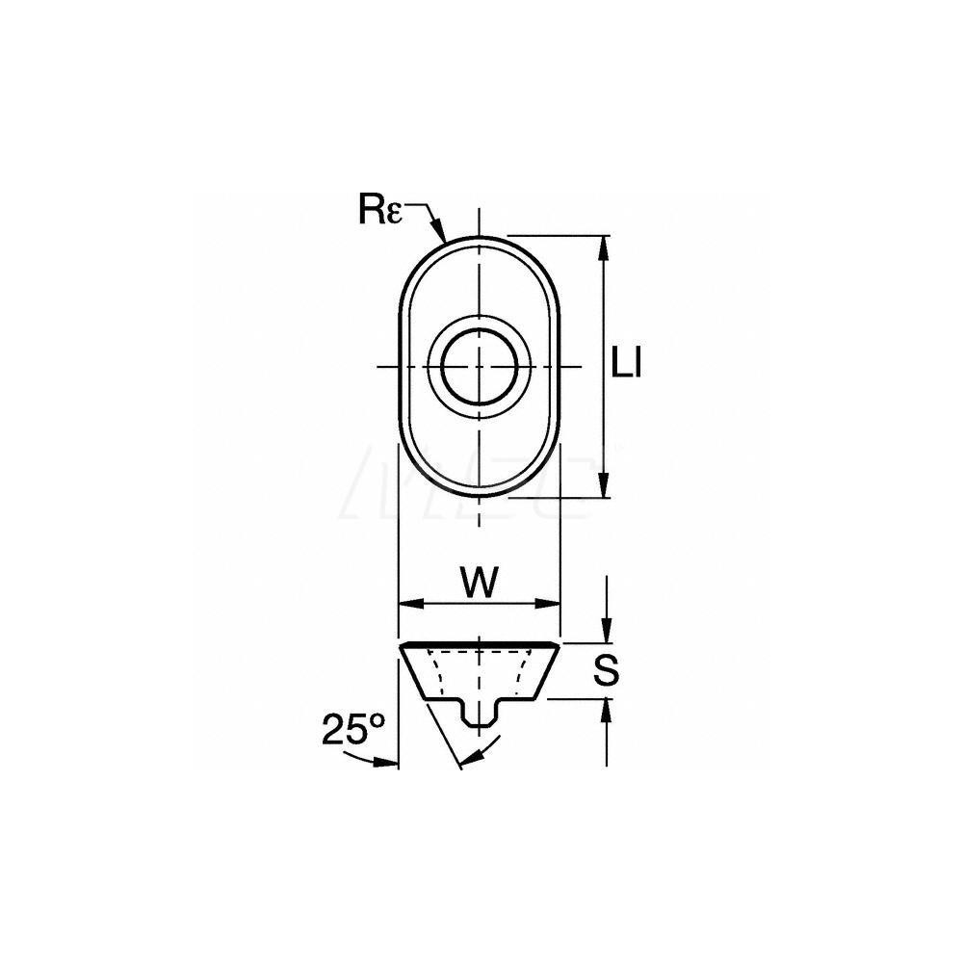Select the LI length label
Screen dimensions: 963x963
pos(627,365)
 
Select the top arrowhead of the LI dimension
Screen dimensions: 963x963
pos(604,247)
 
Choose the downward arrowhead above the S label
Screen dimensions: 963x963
pos(604,630)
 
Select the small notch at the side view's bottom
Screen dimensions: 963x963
pos(478,717)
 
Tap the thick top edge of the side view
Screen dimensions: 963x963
pos(479,643)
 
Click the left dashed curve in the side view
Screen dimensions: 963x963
pos(435,674)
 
